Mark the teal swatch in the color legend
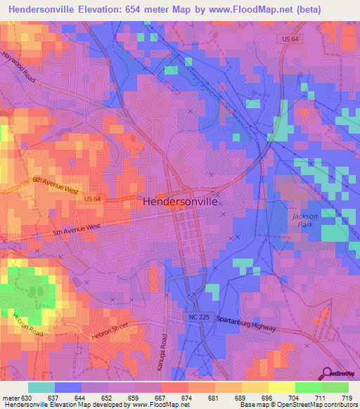pos(41,387)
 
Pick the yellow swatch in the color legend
pos(282,387)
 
